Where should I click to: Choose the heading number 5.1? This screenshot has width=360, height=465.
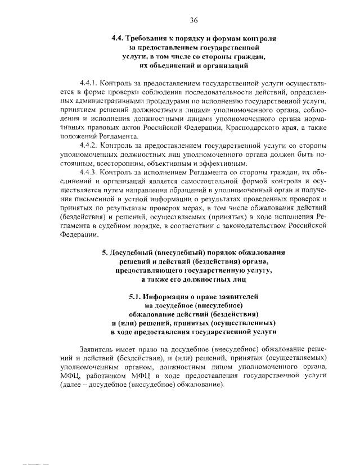coord(136,296)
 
